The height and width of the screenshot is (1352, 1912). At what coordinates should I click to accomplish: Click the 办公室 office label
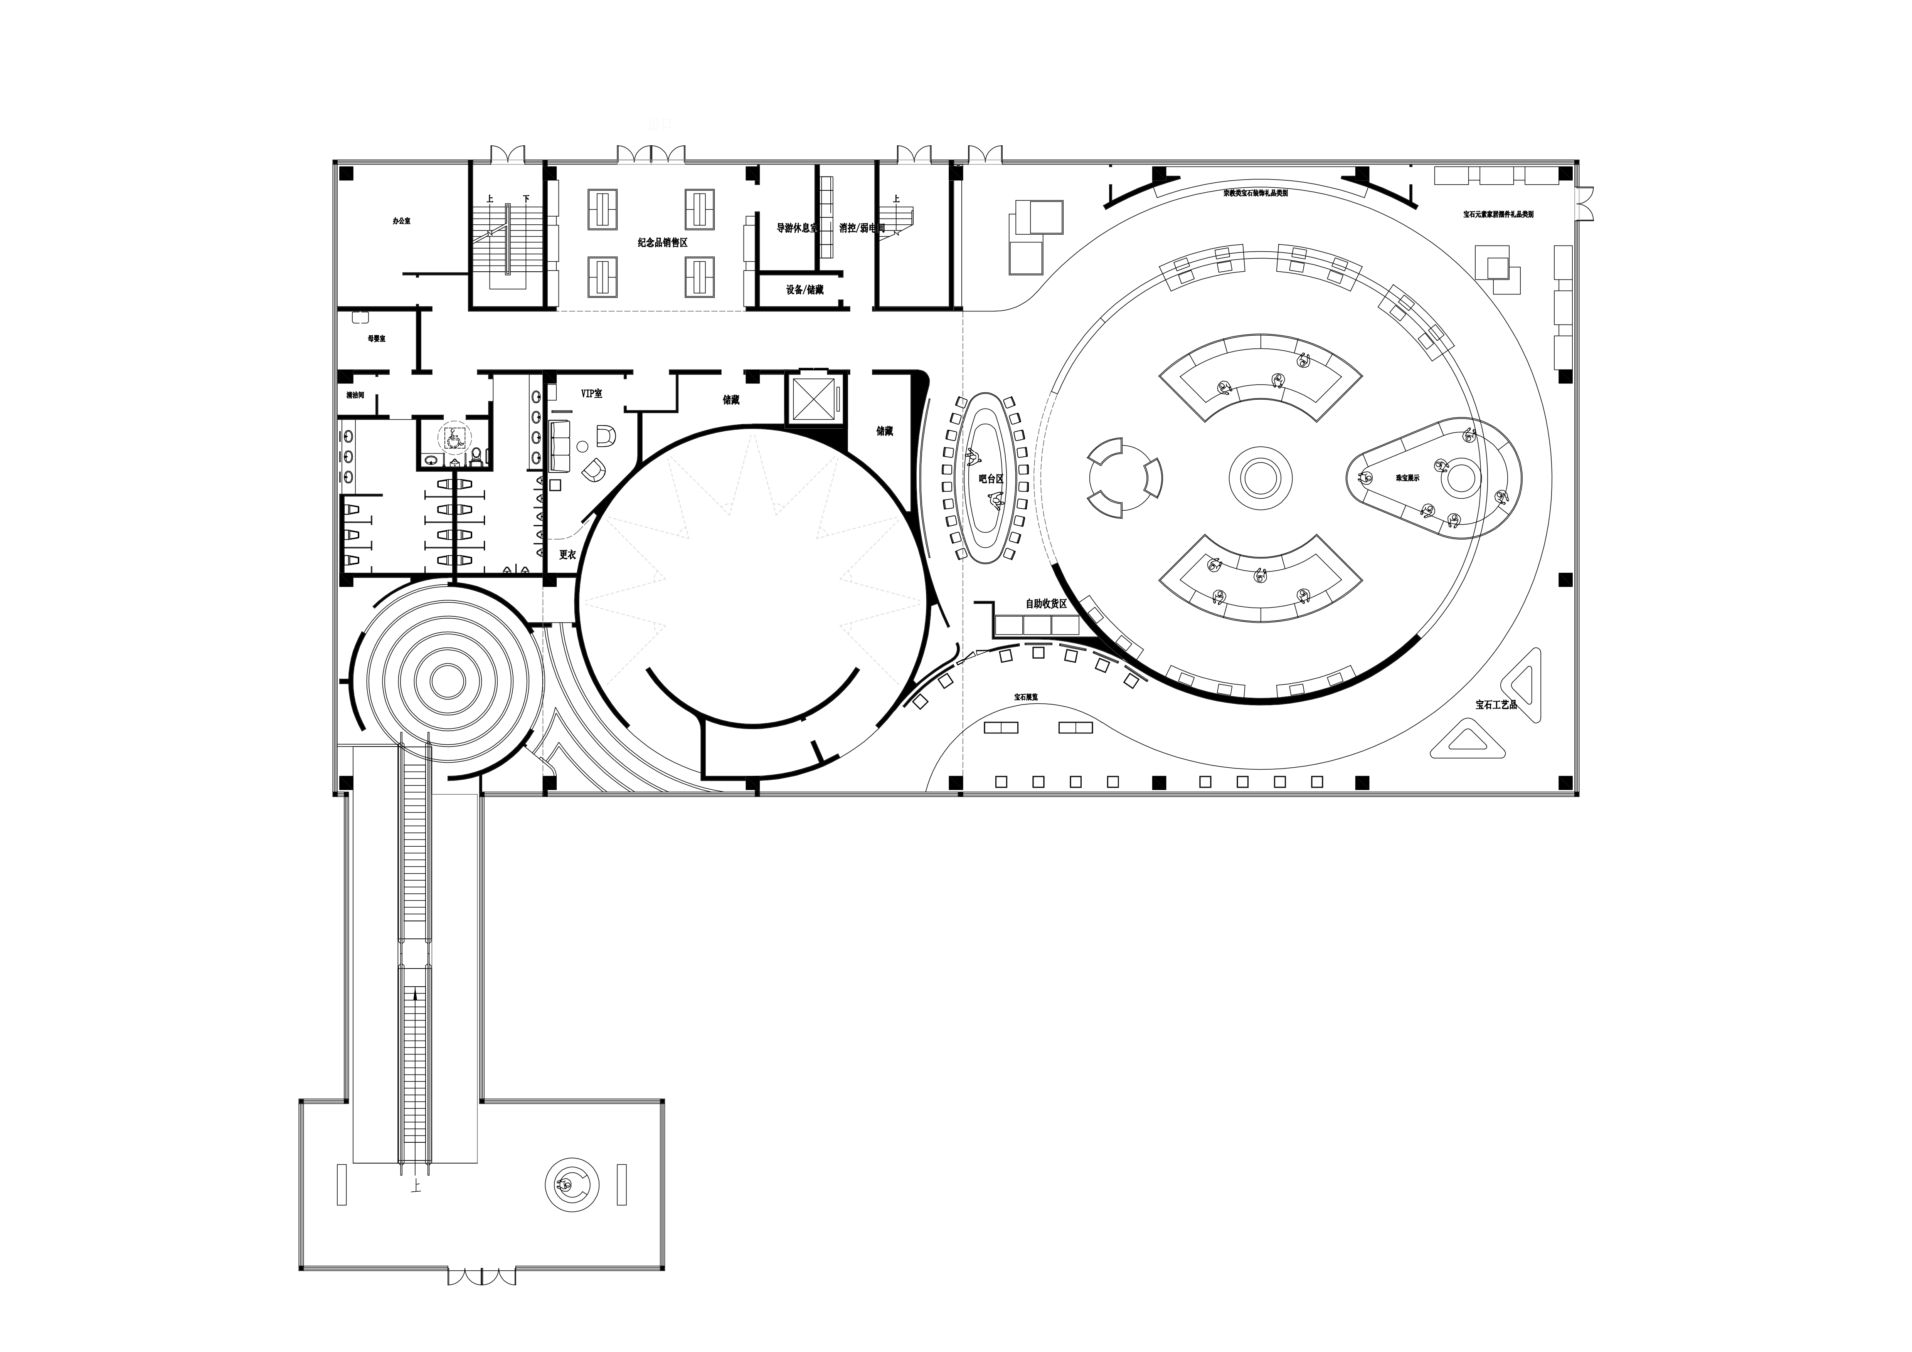(x=401, y=222)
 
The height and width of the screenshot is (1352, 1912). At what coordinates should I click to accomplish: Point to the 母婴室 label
(x=376, y=339)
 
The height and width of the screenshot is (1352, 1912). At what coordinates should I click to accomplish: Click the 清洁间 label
(x=355, y=395)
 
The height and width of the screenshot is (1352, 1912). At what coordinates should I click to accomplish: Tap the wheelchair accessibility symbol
(x=453, y=436)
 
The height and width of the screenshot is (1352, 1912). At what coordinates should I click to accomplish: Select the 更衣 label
(x=567, y=555)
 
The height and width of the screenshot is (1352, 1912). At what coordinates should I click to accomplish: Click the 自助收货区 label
(x=1046, y=604)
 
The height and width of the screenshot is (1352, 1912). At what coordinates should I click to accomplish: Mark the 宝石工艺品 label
(x=1496, y=704)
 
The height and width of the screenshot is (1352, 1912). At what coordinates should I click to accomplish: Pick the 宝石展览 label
(x=1026, y=697)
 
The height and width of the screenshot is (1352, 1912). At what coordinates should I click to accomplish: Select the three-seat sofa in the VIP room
(x=558, y=446)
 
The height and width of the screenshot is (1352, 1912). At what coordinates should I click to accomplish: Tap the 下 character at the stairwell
(x=526, y=199)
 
